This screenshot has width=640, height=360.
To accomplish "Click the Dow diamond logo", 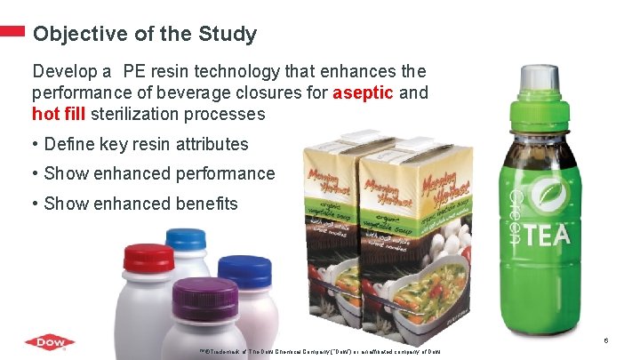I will coord(50,342).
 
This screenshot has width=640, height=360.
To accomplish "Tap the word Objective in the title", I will coord(74,35).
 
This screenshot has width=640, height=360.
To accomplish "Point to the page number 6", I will coord(605,340).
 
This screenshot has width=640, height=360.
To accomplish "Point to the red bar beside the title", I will coord(12,31).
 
